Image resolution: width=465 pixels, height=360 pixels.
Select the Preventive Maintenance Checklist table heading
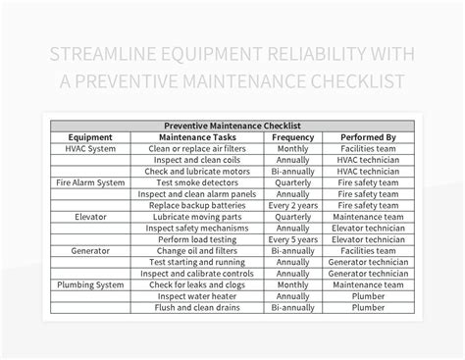(x=232, y=126)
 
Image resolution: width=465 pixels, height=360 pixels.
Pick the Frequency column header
(x=291, y=137)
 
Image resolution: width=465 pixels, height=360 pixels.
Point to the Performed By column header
(x=368, y=137)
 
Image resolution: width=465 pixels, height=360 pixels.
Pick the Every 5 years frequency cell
(x=291, y=239)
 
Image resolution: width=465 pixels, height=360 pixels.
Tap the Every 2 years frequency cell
(x=291, y=205)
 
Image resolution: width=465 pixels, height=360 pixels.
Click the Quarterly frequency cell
(x=291, y=182)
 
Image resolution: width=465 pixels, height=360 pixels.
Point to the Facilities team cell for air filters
(x=368, y=149)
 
